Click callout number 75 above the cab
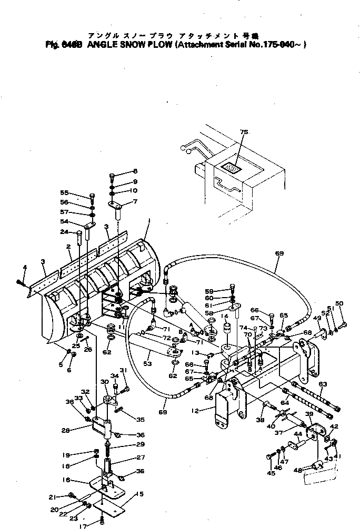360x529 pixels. pyautogui.click(x=243, y=132)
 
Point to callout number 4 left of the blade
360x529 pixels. pyautogui.click(x=24, y=268)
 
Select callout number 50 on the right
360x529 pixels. pyautogui.click(x=339, y=303)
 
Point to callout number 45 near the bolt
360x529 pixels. pyautogui.click(x=271, y=473)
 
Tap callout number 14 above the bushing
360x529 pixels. pyautogui.click(x=225, y=316)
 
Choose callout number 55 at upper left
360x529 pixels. pyautogui.click(x=65, y=192)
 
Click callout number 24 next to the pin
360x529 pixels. pyautogui.click(x=64, y=232)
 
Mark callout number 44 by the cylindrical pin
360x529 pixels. pyautogui.click(x=297, y=434)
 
